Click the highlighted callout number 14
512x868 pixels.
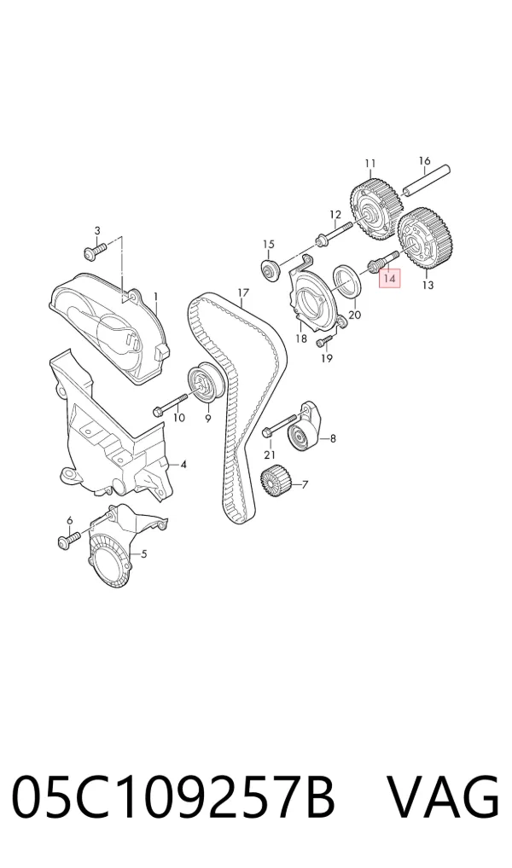click(x=389, y=279)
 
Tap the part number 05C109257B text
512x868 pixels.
click(x=173, y=798)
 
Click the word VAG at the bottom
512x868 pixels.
click(x=442, y=798)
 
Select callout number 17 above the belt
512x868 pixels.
click(x=242, y=292)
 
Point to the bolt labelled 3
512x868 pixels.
click(x=96, y=252)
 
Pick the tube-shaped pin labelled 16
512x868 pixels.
click(x=427, y=181)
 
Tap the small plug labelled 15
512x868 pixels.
click(x=270, y=270)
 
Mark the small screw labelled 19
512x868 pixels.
click(x=326, y=342)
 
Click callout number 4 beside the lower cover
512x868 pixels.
click(x=183, y=465)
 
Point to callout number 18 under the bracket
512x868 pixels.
click(x=301, y=339)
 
